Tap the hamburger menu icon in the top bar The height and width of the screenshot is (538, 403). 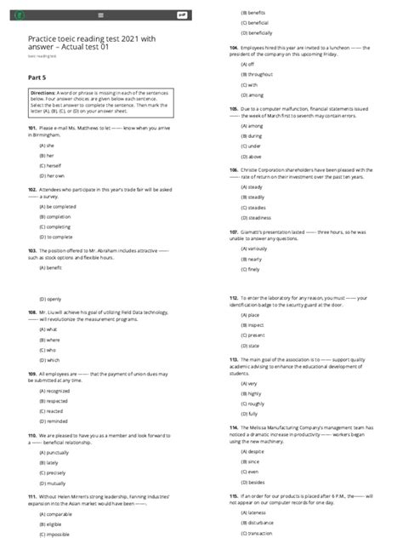(x=101, y=14)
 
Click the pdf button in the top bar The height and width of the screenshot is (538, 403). (x=181, y=14)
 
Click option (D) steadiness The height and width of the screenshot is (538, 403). (x=258, y=217)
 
